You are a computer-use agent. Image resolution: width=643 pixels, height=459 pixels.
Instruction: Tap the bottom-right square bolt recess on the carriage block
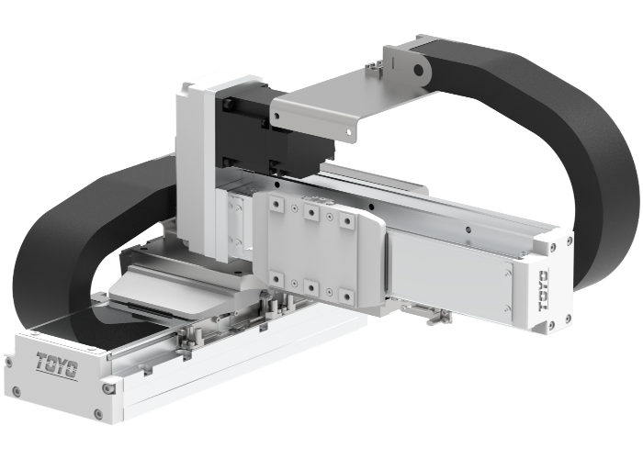pyautogui.click(x=346, y=296)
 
